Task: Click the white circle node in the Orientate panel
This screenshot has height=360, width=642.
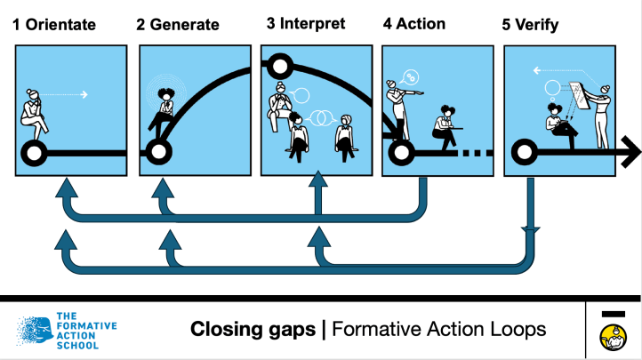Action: coord(35,153)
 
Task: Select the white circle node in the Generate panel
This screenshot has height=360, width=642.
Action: coord(158,153)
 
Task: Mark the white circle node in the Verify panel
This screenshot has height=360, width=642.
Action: coord(523,153)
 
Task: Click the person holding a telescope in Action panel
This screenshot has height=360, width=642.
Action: coord(399,102)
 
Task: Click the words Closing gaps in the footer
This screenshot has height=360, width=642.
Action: coord(253,330)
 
